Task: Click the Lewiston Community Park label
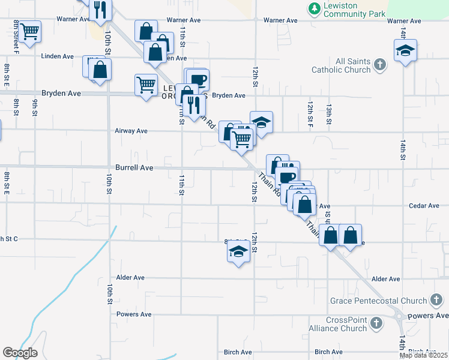pos(349,9)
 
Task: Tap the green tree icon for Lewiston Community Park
pos(313,8)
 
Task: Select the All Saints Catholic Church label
pos(340,65)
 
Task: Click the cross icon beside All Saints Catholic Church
pos(379,64)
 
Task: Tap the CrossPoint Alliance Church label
pos(346,324)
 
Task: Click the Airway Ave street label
pos(131,131)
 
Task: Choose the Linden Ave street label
pos(57,56)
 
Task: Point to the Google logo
pos(20,352)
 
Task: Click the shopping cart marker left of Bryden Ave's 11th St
pos(146,86)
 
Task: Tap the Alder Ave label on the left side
pos(131,278)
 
